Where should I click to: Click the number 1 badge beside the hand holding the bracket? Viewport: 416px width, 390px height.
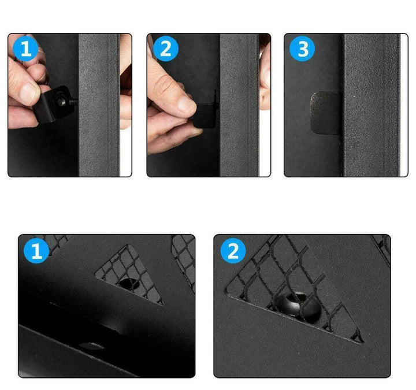[25, 49]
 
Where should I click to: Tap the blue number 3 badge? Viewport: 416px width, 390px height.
[302, 49]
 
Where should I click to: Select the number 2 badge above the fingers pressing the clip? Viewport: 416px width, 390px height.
[166, 49]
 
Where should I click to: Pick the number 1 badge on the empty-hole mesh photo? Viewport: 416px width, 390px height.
[36, 250]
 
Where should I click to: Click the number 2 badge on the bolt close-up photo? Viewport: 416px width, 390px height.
[233, 251]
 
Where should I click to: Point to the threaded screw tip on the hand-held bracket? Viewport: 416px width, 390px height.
[74, 102]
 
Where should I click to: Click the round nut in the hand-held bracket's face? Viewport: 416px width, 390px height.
[62, 101]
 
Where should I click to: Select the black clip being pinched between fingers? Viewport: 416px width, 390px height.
[206, 114]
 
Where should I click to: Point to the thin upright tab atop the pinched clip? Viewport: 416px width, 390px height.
[215, 97]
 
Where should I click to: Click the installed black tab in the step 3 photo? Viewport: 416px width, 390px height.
[326, 113]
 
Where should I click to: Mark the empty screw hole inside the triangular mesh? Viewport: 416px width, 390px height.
[130, 284]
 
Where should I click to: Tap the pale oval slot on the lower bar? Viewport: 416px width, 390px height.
[91, 346]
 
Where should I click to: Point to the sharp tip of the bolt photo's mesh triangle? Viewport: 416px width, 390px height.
[363, 342]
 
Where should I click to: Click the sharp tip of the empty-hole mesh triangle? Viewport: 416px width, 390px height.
[162, 304]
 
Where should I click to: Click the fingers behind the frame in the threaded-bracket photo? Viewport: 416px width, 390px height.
[126, 82]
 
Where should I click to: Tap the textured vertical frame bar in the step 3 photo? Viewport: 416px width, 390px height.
[371, 105]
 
